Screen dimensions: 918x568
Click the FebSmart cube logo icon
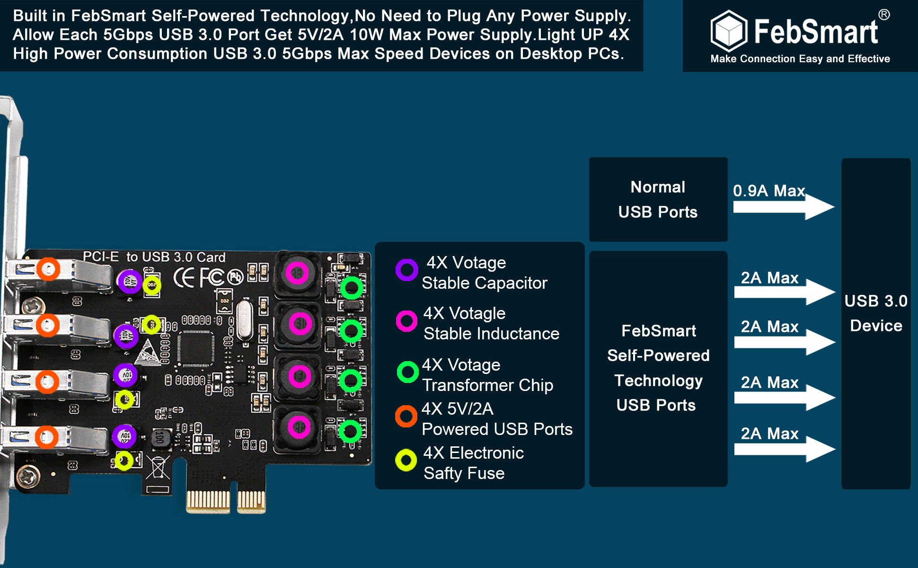tap(729, 31)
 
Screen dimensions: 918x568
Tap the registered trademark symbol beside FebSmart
tap(884, 15)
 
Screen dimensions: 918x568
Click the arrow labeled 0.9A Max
tap(784, 207)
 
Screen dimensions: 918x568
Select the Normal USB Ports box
tap(658, 199)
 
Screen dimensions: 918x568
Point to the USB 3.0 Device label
tap(876, 313)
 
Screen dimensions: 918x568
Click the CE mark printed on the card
tap(184, 278)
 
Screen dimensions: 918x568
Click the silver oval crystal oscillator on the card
tap(244, 320)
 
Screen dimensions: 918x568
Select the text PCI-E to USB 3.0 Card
tap(154, 257)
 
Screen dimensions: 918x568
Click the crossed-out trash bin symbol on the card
tap(158, 467)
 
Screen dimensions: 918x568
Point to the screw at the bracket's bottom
tap(28, 476)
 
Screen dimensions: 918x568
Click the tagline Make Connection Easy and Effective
tap(800, 59)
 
